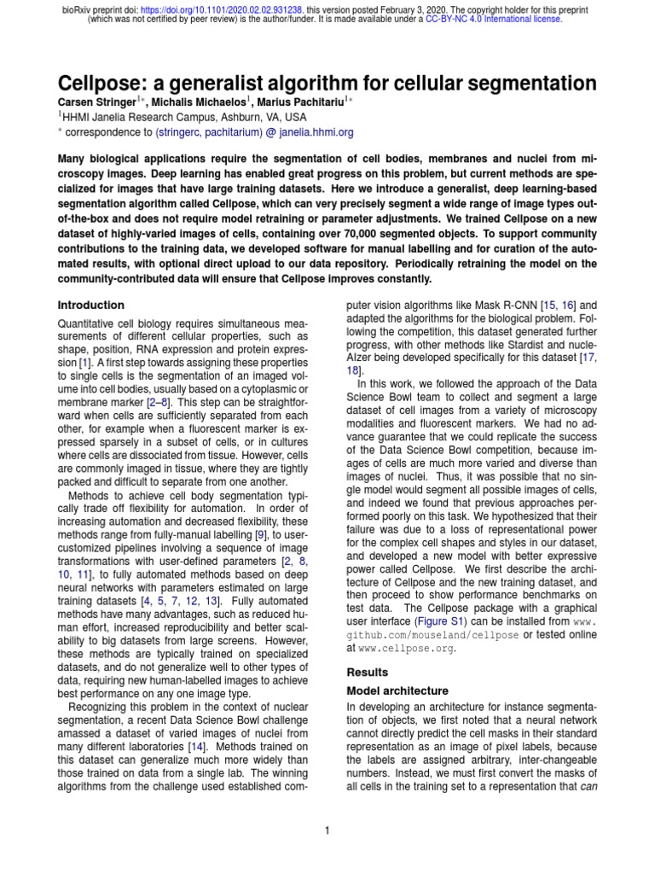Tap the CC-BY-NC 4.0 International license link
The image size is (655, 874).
494,18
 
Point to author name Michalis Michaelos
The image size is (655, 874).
188,102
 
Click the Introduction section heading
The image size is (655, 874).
90,305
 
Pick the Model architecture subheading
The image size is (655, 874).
397,690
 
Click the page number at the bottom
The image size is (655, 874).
327,830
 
